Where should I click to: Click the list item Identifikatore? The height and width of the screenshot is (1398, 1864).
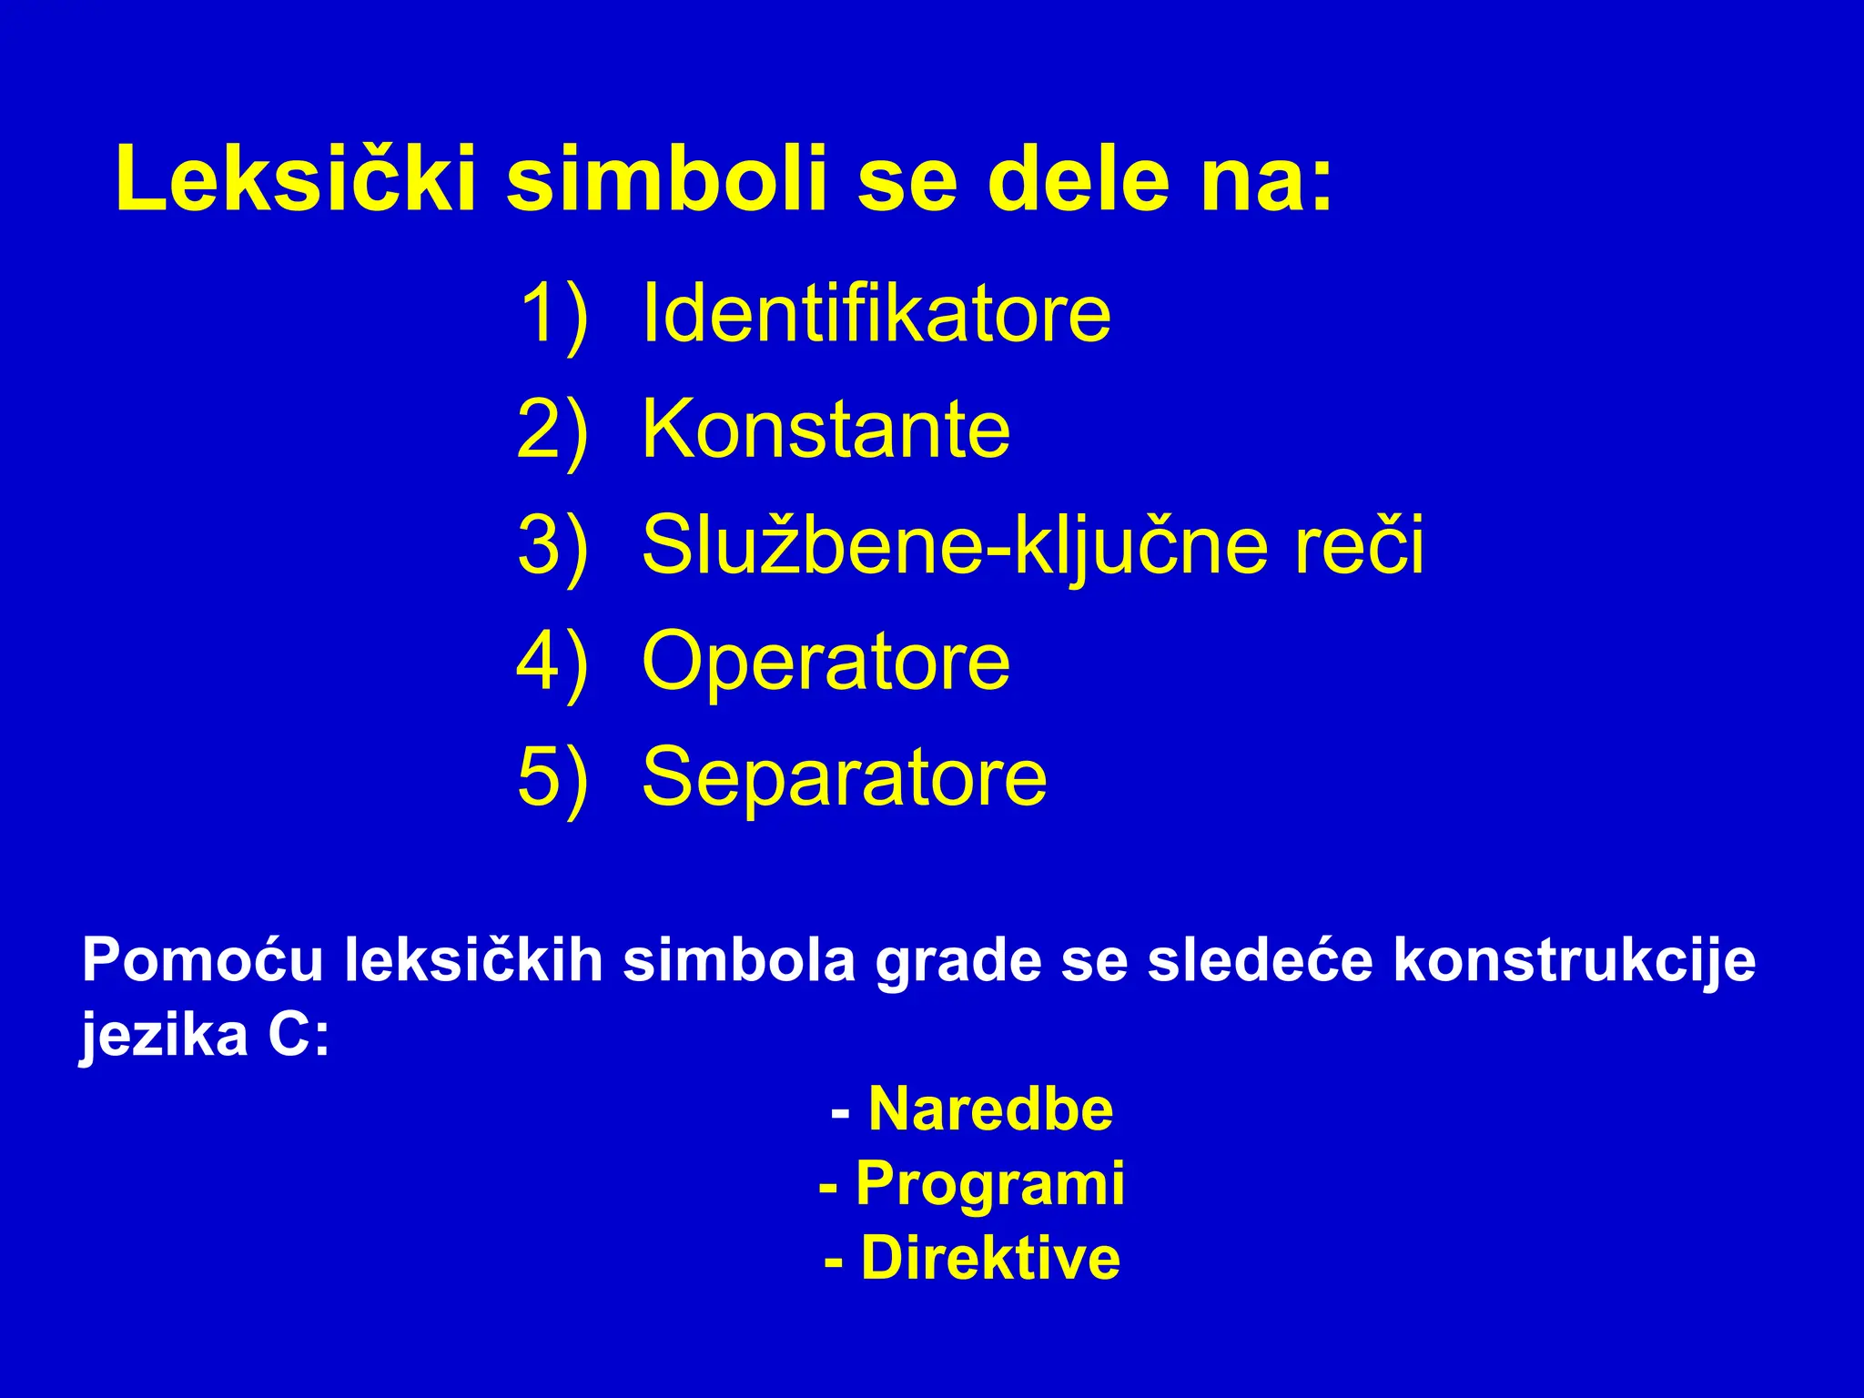[x=876, y=314]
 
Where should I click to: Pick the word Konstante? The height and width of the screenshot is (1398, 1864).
[x=826, y=430]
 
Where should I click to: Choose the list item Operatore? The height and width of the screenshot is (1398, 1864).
[x=826, y=662]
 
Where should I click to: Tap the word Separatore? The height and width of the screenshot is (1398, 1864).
[x=844, y=777]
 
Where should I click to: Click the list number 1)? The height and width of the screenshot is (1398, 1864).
[x=553, y=314]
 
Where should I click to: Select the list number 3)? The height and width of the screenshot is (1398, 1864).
[x=553, y=546]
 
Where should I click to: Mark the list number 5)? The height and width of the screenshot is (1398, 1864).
[x=553, y=777]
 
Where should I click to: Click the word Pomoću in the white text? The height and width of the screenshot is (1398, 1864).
[x=202, y=960]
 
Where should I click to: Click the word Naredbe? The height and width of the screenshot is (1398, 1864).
[x=990, y=1109]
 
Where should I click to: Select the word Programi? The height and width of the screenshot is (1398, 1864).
[x=990, y=1185]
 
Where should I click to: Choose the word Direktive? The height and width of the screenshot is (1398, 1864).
[x=990, y=1259]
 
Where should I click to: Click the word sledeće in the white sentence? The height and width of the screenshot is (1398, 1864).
[x=1260, y=960]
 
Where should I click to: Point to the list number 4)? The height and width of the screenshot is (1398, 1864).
[x=553, y=662]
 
